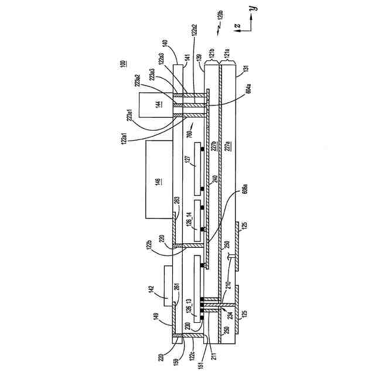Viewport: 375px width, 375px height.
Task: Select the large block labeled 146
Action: [x=156, y=180]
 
